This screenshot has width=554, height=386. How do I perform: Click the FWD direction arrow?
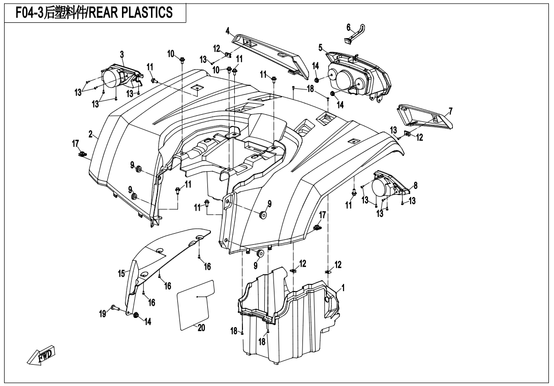pos(42,355)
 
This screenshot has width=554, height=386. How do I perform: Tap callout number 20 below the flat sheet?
pos(201,328)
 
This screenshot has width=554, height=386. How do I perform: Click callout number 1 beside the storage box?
pos(343,288)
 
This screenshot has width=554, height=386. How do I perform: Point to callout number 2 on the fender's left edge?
pos(91,134)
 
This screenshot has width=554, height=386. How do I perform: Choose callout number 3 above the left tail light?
pos(122,54)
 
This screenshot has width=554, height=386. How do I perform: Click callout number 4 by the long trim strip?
pos(228,30)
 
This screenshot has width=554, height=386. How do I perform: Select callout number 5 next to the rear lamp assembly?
pos(321,47)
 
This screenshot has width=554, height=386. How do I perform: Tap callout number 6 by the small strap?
pos(348,27)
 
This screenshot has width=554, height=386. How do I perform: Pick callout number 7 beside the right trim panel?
pos(450,112)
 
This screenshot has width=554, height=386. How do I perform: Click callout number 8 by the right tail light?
pos(416,185)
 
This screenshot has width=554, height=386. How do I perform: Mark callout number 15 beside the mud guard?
pos(121,273)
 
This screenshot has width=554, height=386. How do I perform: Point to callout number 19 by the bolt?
pos(103,313)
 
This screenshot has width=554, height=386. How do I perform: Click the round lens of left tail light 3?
pos(110,78)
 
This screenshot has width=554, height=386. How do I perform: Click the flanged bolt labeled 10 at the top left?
pos(182,60)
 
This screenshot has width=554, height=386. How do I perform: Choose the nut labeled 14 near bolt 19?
pos(136,315)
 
